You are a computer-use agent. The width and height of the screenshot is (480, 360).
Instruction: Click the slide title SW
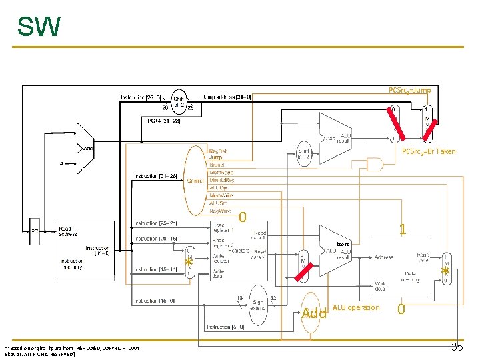(x=39, y=27)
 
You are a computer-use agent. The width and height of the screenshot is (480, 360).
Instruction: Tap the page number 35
(x=457, y=347)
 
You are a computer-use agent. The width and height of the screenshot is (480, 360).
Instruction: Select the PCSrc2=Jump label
(x=409, y=90)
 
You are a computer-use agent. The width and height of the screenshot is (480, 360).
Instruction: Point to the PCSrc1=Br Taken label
(x=428, y=151)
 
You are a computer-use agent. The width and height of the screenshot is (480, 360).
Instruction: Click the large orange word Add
(x=313, y=313)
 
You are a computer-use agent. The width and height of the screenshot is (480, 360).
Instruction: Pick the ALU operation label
(x=355, y=307)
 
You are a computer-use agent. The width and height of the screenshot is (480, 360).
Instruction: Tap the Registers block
(x=239, y=250)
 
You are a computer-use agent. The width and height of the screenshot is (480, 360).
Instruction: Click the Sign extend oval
(x=257, y=303)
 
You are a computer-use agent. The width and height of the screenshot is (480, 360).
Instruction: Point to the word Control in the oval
(x=195, y=181)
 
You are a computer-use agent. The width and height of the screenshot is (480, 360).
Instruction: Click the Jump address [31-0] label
(x=227, y=97)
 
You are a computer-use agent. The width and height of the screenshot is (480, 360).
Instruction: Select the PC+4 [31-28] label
(x=163, y=121)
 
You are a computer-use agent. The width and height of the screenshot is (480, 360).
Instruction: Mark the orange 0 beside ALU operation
(x=401, y=309)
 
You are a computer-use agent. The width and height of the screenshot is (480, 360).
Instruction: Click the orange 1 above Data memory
(x=402, y=229)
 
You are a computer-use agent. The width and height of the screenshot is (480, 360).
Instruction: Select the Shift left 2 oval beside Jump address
(x=179, y=101)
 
